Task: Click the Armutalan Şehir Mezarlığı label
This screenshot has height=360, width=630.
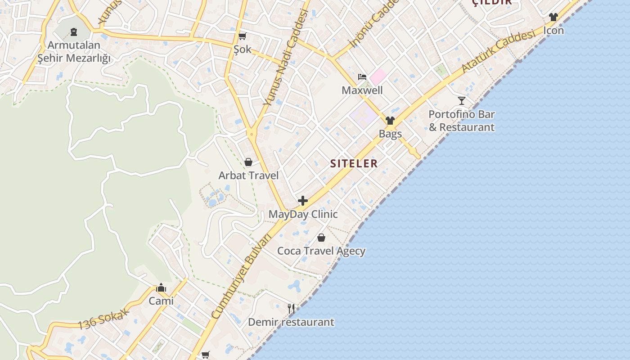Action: pos(74,52)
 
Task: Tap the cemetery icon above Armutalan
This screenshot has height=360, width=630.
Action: pos(74,32)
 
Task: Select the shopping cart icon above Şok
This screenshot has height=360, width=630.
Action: pos(243,36)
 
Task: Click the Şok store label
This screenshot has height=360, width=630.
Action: pos(243,49)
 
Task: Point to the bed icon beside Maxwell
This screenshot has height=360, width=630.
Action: pos(362,77)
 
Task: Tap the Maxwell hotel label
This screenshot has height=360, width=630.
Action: pos(362,90)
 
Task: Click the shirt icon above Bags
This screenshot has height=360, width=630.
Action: pos(390,121)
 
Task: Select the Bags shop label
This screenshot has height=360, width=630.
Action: pos(390,134)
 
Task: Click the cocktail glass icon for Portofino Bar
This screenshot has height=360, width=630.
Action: pos(462,100)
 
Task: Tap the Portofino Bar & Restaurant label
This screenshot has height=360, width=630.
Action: pos(462,121)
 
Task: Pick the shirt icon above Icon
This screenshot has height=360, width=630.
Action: pos(553,17)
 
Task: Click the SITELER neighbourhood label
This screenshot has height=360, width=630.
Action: pos(354,163)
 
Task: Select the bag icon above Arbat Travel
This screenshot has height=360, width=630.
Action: pos(248,162)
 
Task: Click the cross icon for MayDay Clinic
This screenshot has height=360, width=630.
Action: pos(303,201)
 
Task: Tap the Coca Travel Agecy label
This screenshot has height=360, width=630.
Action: pos(321,251)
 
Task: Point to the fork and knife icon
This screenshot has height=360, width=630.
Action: pos(291,309)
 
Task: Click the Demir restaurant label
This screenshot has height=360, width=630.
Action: pos(291,322)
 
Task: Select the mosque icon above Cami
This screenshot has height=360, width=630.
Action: pos(161,288)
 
